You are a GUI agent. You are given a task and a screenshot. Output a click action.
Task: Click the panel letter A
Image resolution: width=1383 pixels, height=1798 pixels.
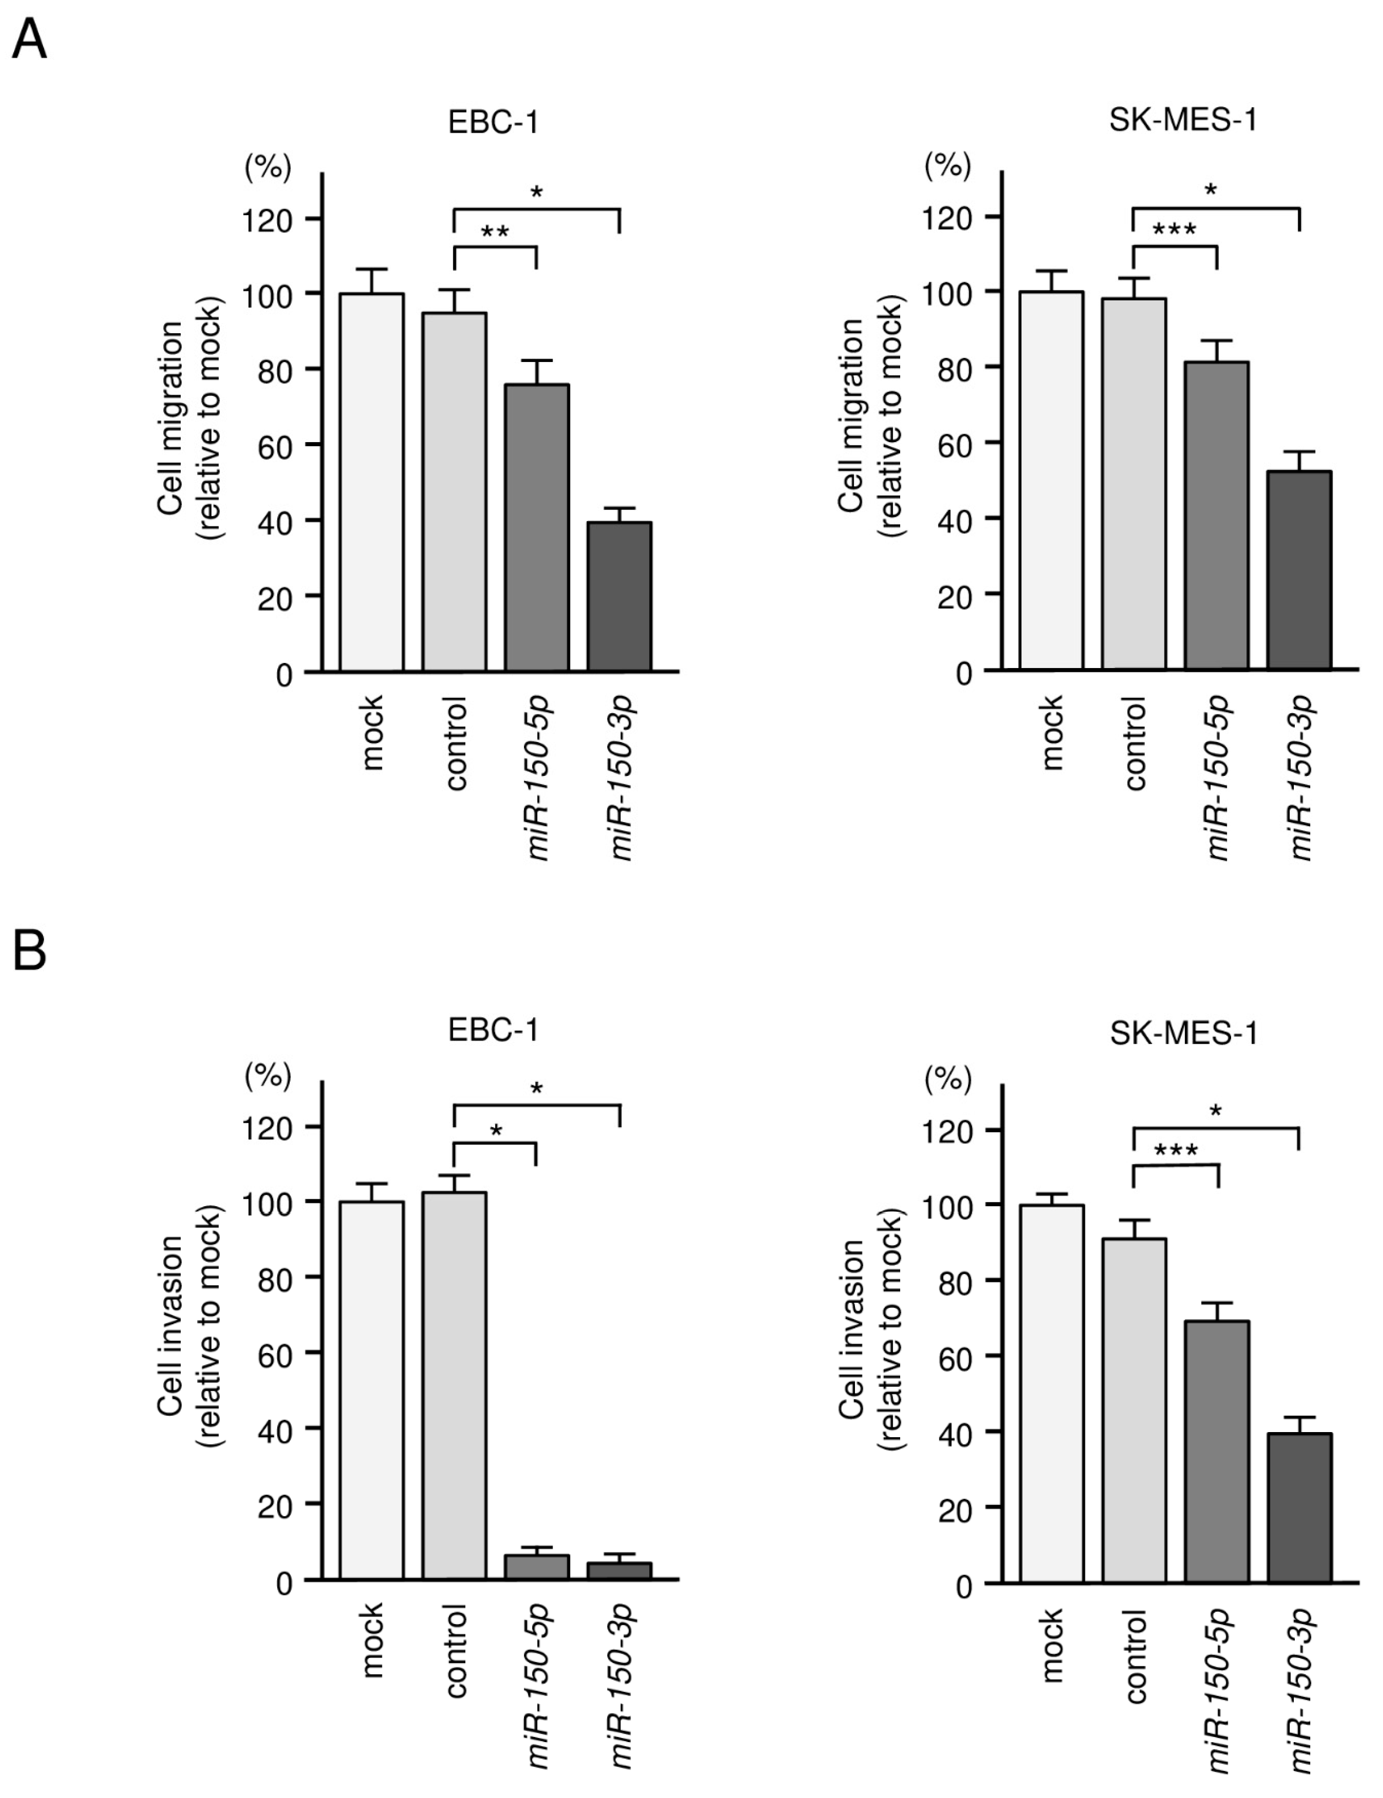tap(29, 39)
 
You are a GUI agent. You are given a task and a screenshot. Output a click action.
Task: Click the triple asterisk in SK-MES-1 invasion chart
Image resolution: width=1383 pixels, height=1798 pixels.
tap(1176, 1151)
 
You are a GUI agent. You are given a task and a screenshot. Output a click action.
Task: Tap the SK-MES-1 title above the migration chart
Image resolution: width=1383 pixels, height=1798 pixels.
tap(1183, 121)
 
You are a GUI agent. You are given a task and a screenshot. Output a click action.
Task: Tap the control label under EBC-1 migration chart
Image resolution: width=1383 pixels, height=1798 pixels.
tap(455, 743)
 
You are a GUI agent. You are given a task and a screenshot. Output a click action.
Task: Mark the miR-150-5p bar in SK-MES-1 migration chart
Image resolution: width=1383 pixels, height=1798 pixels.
tap(1217, 516)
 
